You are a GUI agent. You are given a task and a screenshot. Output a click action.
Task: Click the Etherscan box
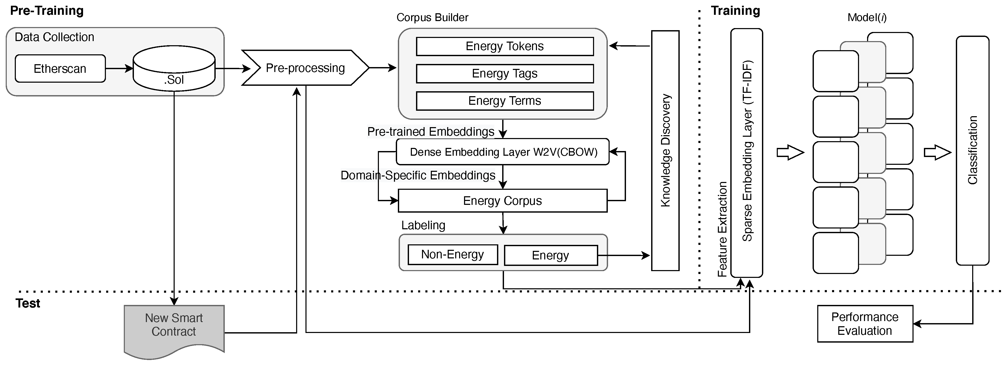(x=60, y=69)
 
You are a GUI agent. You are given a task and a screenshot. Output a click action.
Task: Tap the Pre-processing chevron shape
(x=305, y=68)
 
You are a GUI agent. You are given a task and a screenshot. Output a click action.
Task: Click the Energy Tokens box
(x=505, y=46)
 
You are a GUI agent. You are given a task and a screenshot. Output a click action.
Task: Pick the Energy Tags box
(x=505, y=74)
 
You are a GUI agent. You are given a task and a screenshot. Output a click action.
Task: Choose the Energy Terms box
(x=505, y=101)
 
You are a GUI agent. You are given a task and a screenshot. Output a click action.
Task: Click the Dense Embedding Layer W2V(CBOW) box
(x=503, y=152)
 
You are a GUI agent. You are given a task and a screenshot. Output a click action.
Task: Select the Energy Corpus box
(x=502, y=201)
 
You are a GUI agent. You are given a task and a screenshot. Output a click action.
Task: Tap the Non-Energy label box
(x=452, y=255)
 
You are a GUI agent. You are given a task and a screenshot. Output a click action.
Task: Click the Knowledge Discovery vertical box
(x=665, y=151)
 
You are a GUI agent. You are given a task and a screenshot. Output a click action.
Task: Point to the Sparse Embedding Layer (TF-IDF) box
(x=747, y=153)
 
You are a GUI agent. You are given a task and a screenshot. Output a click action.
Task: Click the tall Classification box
(x=972, y=151)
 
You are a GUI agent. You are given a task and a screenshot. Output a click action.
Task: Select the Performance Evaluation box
(x=865, y=324)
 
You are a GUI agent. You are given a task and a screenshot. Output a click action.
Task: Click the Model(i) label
(x=867, y=18)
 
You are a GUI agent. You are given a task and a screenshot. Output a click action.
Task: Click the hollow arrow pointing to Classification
(x=937, y=152)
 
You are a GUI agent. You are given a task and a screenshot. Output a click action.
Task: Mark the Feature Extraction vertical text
(x=722, y=229)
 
